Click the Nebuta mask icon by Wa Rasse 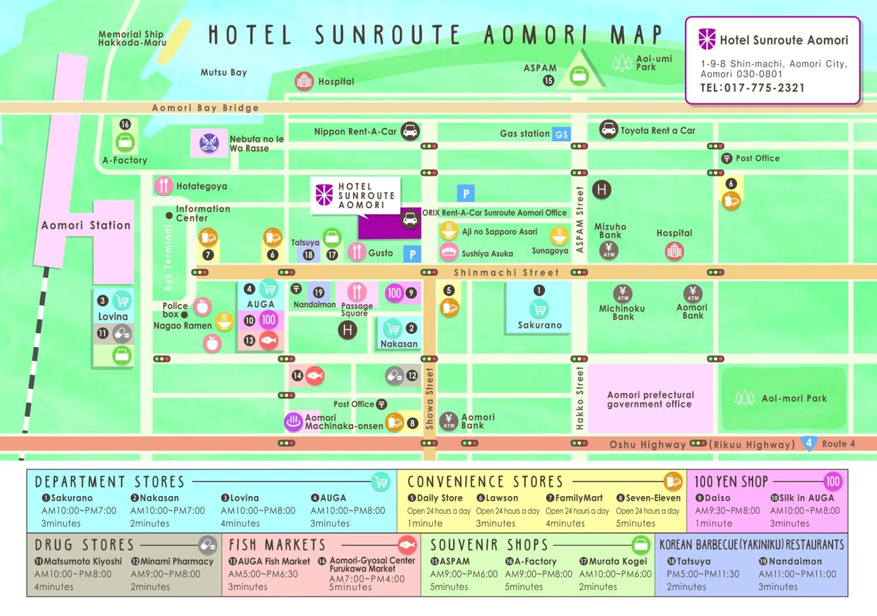(209, 143)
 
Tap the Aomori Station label (86, 225)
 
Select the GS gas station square (561, 134)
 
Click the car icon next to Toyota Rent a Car (608, 130)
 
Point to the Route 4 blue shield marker (809, 443)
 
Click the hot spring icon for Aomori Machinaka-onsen (293, 422)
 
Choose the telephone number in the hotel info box (752, 88)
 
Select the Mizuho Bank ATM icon (609, 250)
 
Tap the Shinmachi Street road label (506, 272)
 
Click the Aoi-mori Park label (794, 398)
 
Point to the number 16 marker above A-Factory (125, 124)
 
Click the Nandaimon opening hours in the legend (797, 574)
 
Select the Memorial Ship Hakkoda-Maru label (132, 38)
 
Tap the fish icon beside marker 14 (315, 376)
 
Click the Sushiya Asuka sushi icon (449, 252)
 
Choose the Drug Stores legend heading (84, 545)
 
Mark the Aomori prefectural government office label (650, 399)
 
